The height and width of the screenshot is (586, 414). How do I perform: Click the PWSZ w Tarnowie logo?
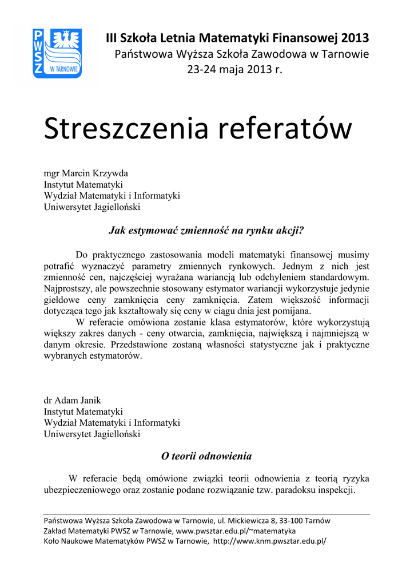[57, 54]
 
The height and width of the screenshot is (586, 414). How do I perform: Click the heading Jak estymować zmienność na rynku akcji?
[206, 231]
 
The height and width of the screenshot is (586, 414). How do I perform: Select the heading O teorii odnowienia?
[206, 456]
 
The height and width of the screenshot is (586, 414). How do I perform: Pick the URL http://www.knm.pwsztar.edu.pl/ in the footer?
[269, 541]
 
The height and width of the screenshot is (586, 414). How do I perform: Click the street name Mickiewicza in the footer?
[251, 521]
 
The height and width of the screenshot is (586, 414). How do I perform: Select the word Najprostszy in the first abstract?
[68, 288]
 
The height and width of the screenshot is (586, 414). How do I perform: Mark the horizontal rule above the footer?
[206, 514]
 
